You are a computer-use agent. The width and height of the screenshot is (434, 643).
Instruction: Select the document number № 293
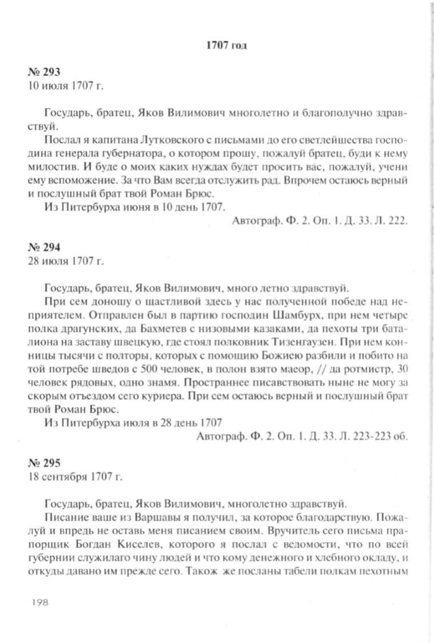point(43,73)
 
